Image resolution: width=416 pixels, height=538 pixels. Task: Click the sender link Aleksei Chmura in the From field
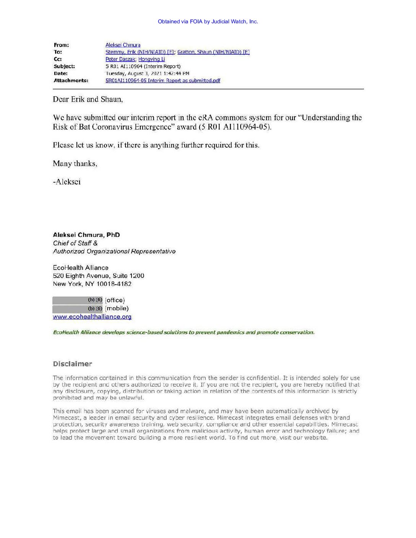pos(123,45)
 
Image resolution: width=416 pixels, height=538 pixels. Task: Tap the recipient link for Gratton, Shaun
pos(213,52)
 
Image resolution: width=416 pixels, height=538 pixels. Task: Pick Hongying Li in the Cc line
pos(151,59)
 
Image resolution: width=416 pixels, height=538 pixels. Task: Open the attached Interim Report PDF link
pos(162,81)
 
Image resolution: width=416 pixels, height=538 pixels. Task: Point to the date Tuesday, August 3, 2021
pos(147,73)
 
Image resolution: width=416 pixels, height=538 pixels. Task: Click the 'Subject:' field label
pos(64,66)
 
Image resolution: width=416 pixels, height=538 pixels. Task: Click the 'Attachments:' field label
pos(71,81)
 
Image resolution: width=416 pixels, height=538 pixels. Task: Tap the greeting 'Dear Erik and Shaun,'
pos(88,99)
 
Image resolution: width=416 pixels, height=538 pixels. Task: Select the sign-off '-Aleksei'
pos(67,182)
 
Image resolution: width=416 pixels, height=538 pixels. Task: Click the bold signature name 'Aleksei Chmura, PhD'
pos(86,235)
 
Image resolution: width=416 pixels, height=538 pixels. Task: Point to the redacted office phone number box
pos(78,300)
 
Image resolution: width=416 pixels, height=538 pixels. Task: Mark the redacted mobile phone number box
pos(78,309)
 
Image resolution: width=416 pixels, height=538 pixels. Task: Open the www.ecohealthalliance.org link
pos(92,317)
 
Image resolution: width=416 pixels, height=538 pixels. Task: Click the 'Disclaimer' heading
pos(72,364)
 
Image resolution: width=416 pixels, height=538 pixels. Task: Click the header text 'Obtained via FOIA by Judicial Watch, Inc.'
pos(208,21)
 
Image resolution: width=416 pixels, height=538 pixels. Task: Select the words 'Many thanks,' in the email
pos(75,164)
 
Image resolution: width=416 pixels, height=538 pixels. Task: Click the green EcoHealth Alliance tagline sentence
pos(184,332)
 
